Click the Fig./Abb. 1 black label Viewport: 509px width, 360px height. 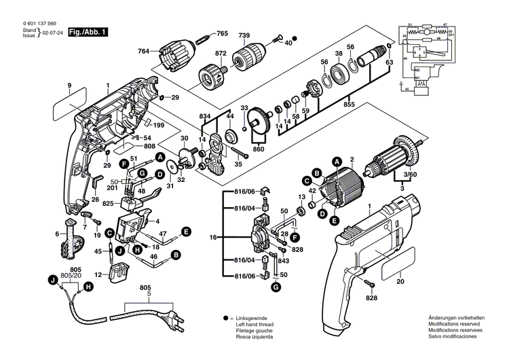point(90,32)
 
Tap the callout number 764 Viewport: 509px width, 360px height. point(144,52)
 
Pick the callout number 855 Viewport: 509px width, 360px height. point(349,106)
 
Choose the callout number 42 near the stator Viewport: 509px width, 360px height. point(313,192)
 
